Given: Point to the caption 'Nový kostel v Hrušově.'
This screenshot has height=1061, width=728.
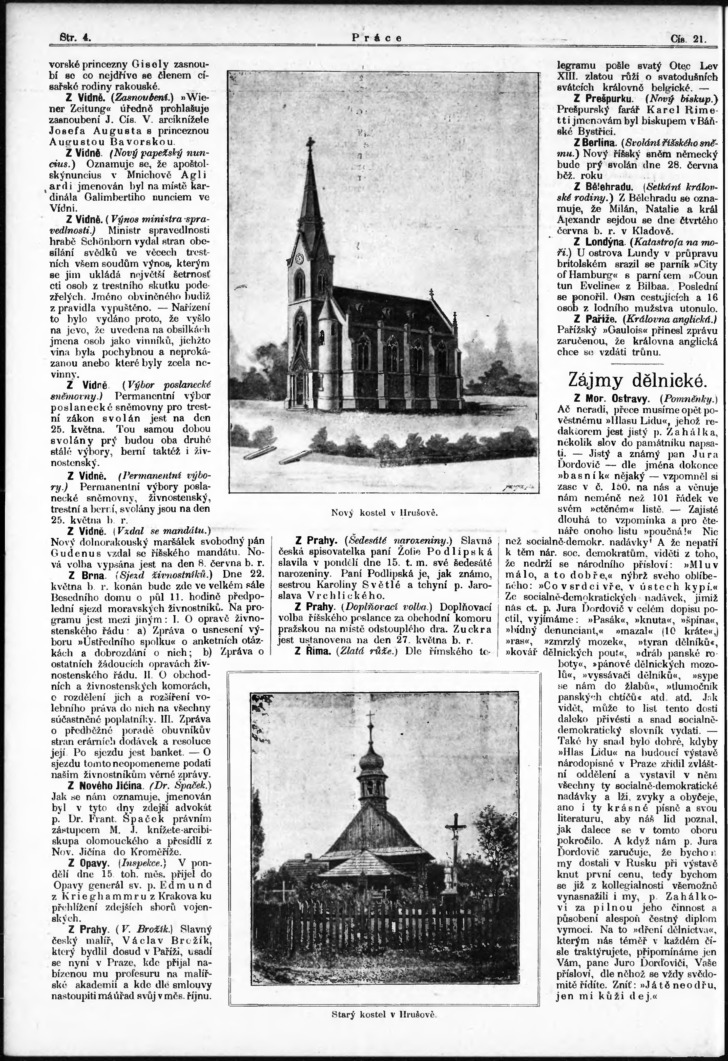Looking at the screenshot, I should tap(384, 513).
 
